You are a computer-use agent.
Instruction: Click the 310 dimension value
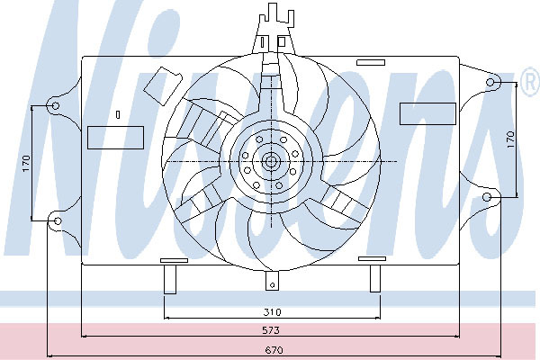(272, 312)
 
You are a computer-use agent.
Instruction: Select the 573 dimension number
(271, 330)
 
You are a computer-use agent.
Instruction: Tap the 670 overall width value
(274, 350)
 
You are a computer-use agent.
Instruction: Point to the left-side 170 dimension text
(26, 164)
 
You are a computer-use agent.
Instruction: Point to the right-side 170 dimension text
(510, 139)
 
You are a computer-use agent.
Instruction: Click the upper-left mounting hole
(55, 106)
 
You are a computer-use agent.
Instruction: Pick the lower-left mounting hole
(58, 220)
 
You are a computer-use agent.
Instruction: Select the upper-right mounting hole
(490, 82)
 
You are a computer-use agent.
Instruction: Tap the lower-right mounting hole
(487, 197)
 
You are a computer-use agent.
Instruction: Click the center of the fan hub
(271, 161)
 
